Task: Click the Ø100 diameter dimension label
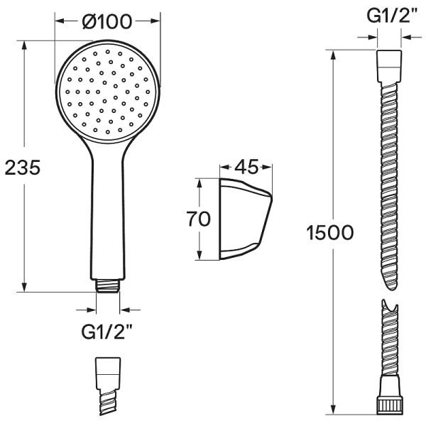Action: [107, 21]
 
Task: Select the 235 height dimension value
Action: [23, 168]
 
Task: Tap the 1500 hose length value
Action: [330, 233]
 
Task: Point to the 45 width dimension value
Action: [246, 167]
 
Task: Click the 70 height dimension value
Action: [198, 219]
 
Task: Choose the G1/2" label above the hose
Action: [391, 16]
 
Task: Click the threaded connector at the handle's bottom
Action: [108, 286]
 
